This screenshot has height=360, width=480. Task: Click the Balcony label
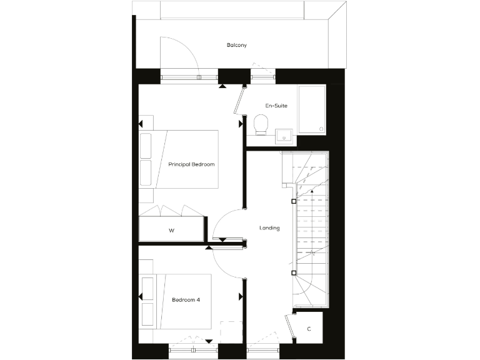[237, 45]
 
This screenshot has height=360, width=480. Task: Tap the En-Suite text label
[276, 106]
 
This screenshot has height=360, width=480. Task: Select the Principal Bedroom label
[191, 164]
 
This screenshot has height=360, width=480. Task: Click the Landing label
[269, 228]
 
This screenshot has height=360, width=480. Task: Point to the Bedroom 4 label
[186, 300]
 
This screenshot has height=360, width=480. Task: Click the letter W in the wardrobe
[171, 231]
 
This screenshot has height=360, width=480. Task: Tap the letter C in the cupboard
[309, 329]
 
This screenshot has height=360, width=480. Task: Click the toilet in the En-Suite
[261, 124]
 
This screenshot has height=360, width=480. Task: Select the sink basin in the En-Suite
[284, 136]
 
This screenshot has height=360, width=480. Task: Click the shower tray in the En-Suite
[311, 109]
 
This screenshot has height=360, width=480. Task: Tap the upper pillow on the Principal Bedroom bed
[146, 146]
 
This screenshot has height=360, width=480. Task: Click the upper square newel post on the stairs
[294, 201]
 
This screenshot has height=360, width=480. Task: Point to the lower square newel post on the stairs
[293, 272]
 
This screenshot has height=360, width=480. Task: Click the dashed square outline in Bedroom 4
[231, 332]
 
